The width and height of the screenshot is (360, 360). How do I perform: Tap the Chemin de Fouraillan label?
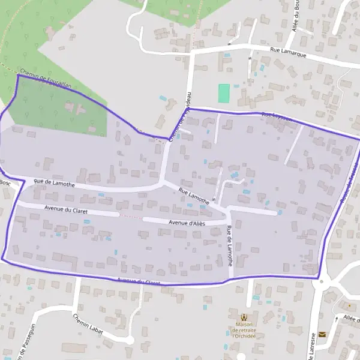45,79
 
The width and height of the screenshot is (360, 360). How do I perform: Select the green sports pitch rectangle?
224,93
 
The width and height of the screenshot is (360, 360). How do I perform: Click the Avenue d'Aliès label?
187,223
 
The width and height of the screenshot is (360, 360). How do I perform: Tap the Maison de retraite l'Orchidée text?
244,331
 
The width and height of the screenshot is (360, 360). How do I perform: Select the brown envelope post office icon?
322,334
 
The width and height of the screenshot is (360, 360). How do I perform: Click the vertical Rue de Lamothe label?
230,245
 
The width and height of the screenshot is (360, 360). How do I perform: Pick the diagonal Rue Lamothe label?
194,196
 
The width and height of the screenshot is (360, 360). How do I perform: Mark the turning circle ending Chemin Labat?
129,340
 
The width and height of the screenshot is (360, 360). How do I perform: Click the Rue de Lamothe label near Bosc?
54,183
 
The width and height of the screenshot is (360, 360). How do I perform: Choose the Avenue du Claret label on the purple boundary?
139,281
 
